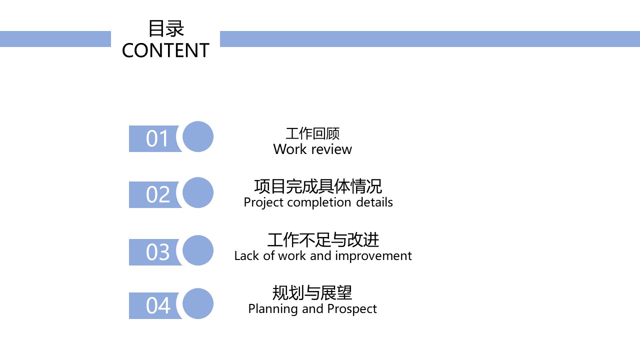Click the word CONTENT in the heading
(165, 50)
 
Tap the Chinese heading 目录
(166, 28)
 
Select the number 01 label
(157, 138)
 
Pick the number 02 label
(157, 194)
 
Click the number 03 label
(157, 252)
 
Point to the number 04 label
(157, 305)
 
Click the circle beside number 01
(198, 136)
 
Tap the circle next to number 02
(198, 192)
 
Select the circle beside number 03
(198, 250)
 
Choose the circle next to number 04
(198, 303)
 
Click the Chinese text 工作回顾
(312, 133)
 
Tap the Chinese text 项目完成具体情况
(318, 186)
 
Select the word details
(374, 202)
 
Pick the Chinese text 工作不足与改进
(323, 240)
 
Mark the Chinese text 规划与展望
(312, 292)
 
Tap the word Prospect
(352, 309)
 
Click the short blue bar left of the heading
(55, 39)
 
